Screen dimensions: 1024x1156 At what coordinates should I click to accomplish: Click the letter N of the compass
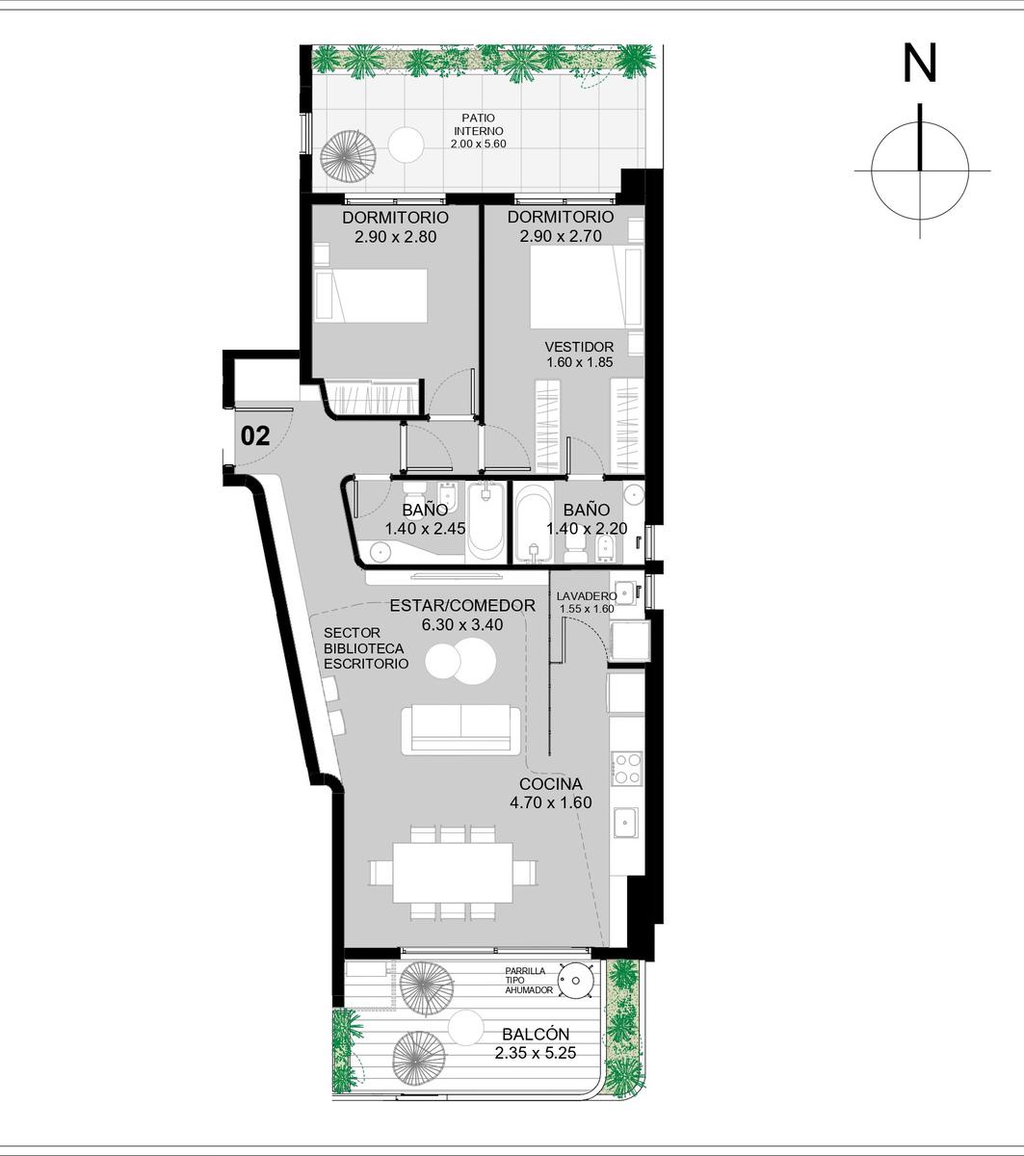[920, 63]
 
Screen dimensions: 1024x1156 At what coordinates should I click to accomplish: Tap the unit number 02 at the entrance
[255, 436]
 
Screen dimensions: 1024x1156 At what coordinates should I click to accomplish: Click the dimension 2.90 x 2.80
[395, 236]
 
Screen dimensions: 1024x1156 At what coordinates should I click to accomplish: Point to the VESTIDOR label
[579, 347]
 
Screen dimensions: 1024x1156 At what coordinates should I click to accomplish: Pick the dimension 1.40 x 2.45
[425, 529]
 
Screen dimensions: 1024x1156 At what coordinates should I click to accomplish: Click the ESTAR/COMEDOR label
[462, 605]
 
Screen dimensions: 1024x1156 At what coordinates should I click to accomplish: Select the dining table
[453, 872]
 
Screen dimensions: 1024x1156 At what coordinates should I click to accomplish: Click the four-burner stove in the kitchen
[627, 769]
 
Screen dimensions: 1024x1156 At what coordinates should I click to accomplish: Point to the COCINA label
[550, 783]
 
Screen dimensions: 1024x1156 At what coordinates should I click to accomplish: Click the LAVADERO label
[587, 596]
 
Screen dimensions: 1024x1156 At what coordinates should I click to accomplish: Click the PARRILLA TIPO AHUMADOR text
[529, 981]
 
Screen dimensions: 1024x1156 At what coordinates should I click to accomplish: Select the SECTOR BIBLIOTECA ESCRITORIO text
[366, 648]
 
